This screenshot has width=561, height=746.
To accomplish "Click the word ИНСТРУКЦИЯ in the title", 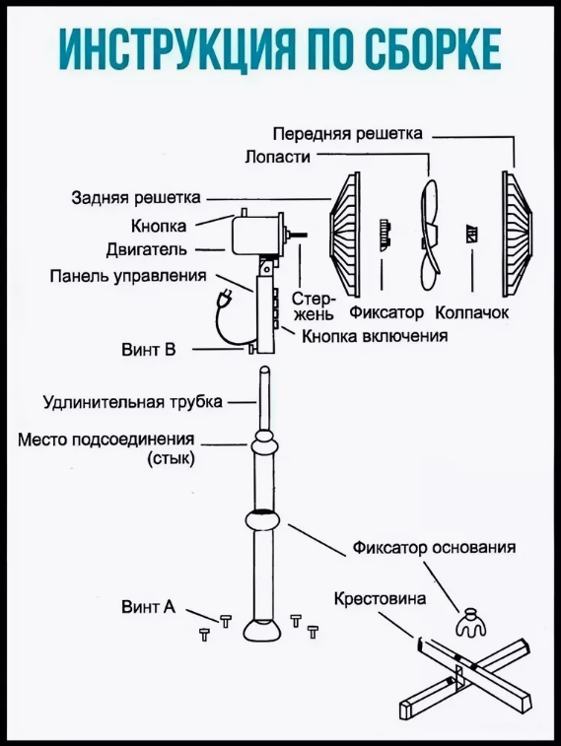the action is (x=166, y=50).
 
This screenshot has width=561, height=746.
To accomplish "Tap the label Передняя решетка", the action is (x=348, y=134).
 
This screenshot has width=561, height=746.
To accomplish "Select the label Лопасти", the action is (x=278, y=157).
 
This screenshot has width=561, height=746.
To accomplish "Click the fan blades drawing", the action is (x=429, y=234).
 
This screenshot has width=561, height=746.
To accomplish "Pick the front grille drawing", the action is (x=518, y=234).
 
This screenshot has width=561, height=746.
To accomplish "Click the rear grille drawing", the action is (x=345, y=234).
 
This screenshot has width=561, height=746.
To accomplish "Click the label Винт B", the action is (x=149, y=350).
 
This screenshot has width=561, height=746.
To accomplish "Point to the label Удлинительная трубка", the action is (x=133, y=402).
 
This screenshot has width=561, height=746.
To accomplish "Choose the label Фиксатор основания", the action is (x=434, y=547).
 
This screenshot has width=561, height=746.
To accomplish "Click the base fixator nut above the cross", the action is (x=471, y=623).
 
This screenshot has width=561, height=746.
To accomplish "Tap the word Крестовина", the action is (x=380, y=598).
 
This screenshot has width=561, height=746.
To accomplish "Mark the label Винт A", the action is (x=149, y=607).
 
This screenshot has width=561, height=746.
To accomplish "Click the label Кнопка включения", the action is (x=375, y=336).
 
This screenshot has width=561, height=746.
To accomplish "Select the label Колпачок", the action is (x=472, y=312).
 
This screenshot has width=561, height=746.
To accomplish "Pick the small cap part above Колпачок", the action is (x=472, y=234).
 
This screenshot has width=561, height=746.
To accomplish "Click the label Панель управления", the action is (x=128, y=276).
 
